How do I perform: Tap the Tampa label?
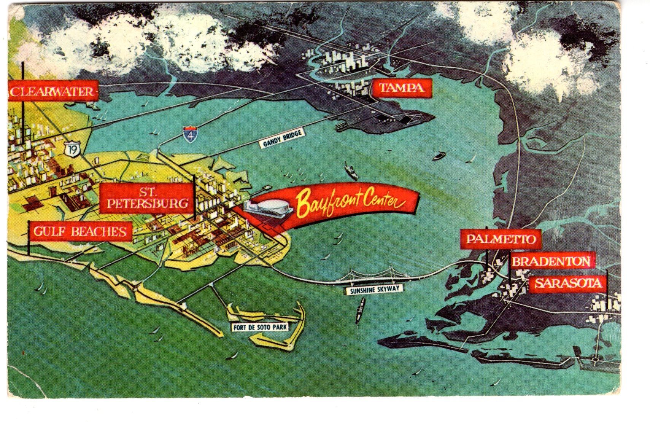402,88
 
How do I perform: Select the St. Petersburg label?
147,198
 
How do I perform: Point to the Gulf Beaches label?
80,231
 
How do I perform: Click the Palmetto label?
501,239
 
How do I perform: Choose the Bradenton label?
551,261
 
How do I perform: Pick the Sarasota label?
568,283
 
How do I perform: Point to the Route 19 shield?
72,149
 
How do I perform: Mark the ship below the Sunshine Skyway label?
360,310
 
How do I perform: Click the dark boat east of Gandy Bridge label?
439,155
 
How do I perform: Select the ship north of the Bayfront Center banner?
351,171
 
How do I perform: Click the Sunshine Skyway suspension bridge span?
375,277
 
